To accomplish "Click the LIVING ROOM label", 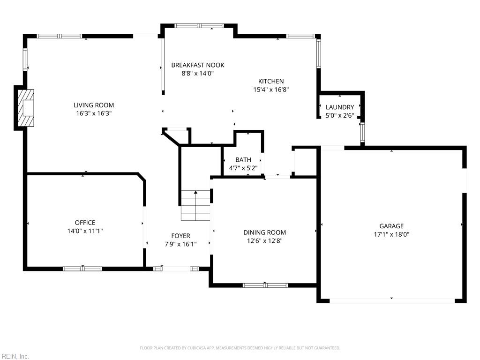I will pyautogui.click(x=94, y=105).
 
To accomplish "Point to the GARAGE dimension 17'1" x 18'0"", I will pyautogui.click(x=391, y=234).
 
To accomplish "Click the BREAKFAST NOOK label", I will pyautogui.click(x=197, y=65).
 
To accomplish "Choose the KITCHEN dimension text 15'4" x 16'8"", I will pyautogui.click(x=270, y=89).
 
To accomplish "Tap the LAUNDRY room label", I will pyautogui.click(x=339, y=107).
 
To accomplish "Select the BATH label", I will pyautogui.click(x=243, y=160).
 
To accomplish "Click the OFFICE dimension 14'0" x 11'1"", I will pyautogui.click(x=85, y=231).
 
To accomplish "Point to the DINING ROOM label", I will pyautogui.click(x=264, y=232).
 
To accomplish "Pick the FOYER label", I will pyautogui.click(x=180, y=236).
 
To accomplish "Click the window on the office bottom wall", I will pyautogui.click(x=82, y=269).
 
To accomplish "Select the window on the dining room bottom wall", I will pyautogui.click(x=265, y=285).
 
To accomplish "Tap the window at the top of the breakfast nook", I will pyautogui.click(x=200, y=26).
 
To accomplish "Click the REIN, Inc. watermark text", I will pyautogui.click(x=15, y=357).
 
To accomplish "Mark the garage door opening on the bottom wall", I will pyautogui.click(x=391, y=300).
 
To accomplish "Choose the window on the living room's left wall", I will pyautogui.click(x=26, y=60).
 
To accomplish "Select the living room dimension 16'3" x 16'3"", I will pyautogui.click(x=94, y=113).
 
